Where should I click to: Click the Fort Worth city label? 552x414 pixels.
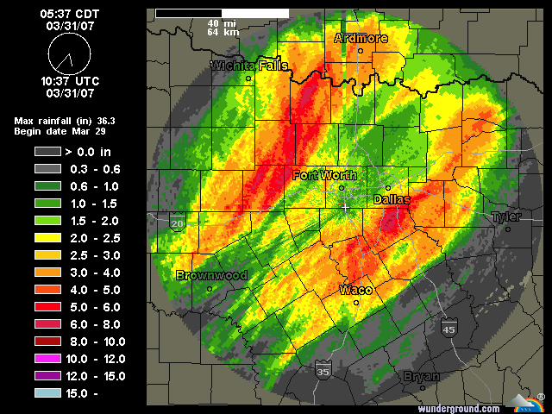(x=324, y=175)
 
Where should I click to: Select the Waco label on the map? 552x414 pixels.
(x=355, y=289)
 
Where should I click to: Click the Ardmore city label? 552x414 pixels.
(x=361, y=38)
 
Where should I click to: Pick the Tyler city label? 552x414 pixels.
(x=506, y=217)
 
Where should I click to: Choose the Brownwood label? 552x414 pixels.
(x=211, y=276)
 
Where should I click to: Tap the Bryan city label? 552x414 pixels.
(x=422, y=377)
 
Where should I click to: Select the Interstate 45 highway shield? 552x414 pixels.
(x=448, y=329)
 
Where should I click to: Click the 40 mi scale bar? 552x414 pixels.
(x=222, y=14)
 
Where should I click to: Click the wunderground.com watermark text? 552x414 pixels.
(x=460, y=408)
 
